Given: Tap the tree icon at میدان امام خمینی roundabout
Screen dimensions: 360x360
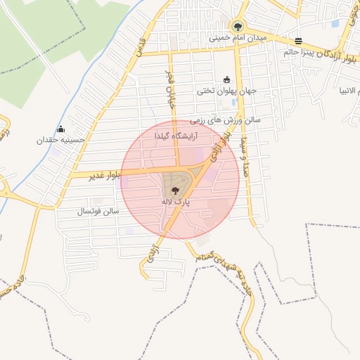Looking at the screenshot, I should pos(236,25).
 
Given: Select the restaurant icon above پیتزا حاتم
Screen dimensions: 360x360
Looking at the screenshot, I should pos(299,41).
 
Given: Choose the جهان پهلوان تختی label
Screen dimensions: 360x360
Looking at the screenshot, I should pos(226,91).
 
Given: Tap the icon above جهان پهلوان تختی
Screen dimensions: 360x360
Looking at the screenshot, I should pos(226,79).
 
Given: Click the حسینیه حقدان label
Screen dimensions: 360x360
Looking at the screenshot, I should pos(61,140).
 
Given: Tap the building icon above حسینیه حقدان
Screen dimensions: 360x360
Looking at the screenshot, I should pos(61,129).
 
